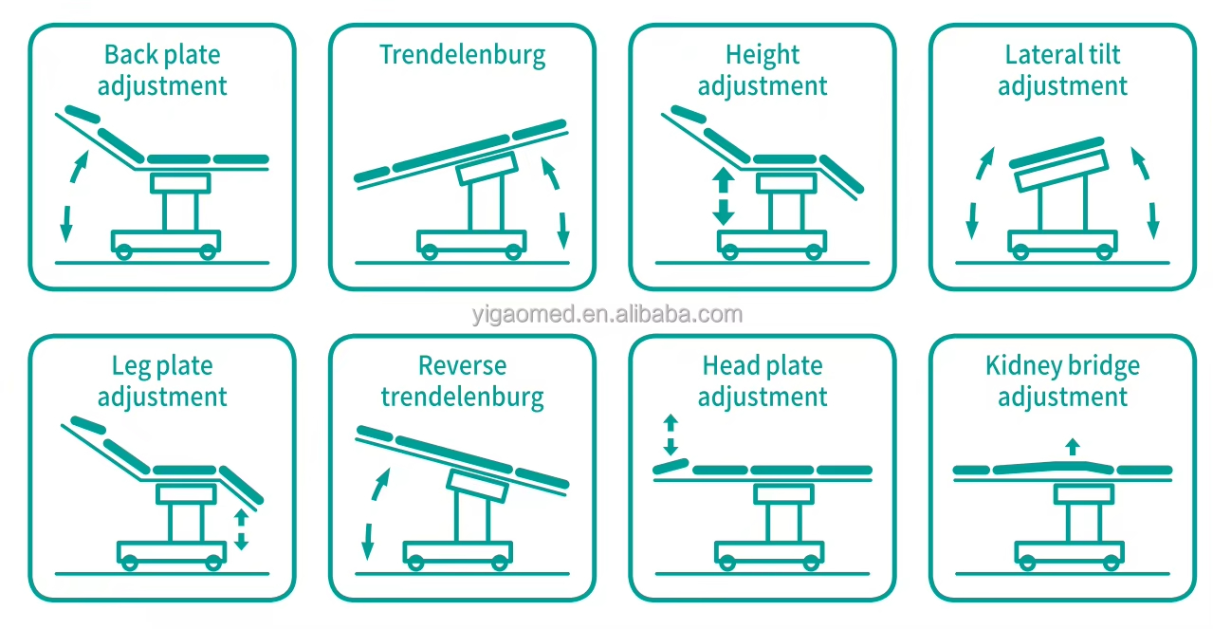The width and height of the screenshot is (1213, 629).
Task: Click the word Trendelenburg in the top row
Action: tap(463, 56)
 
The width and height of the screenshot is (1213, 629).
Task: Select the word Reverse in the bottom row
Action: tap(463, 365)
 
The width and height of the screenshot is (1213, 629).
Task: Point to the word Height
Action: tap(763, 56)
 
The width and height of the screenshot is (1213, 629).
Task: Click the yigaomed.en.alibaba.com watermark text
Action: tap(607, 314)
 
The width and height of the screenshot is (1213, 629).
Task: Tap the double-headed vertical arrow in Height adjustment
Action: tap(723, 195)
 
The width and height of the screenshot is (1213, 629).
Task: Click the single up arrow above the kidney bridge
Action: tap(1073, 447)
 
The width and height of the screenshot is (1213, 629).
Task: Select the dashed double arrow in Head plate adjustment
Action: tap(671, 435)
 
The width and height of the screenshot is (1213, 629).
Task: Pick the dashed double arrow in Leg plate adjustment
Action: tap(241, 529)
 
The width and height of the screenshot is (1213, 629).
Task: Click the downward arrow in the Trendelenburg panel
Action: tap(563, 231)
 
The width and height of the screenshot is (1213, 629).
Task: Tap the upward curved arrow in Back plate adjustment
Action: tap(78, 167)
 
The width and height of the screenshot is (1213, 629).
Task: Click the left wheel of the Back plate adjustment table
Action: tap(124, 251)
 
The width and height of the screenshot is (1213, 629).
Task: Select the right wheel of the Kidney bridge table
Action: tap(1111, 563)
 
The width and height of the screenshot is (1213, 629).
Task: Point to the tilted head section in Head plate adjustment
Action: tap(671, 467)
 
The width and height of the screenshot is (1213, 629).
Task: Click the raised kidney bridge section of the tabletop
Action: tap(1054, 467)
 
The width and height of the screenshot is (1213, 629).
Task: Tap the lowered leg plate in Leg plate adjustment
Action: tap(242, 485)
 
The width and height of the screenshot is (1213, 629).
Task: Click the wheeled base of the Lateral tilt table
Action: tap(1062, 243)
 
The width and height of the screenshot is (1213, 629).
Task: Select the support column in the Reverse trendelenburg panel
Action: tap(472, 517)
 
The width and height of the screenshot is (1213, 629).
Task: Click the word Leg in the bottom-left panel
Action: tap(132, 367)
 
